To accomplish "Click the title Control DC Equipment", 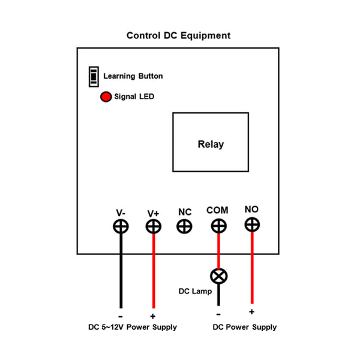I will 178,35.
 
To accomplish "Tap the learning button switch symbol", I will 93,76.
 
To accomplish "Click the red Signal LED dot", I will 105,97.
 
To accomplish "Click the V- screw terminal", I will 121,226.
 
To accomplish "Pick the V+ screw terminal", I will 154,226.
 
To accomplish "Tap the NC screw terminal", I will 185,226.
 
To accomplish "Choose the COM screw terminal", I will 218,226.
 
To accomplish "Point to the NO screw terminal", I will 252,225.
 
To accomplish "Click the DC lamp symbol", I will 218,276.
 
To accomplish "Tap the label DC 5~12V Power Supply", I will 133,328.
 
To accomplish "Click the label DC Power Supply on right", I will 245,328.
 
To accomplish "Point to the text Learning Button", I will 133,76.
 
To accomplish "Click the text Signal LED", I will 134,97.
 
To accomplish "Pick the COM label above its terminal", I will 217,210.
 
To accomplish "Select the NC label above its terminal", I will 185,212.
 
